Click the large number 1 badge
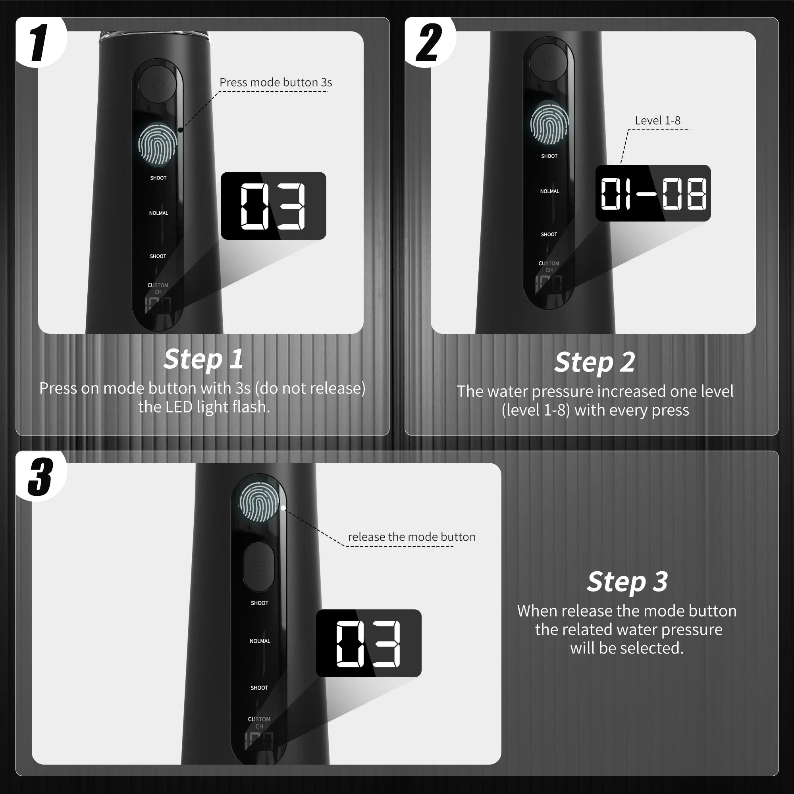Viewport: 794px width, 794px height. [39, 43]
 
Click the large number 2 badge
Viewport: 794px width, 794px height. [428, 43]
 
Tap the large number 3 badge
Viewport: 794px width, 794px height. [40, 477]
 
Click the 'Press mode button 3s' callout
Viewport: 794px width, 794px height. [276, 83]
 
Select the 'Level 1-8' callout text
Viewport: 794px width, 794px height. [657, 121]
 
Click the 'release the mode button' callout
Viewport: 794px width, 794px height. [411, 537]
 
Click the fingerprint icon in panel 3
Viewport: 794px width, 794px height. [259, 502]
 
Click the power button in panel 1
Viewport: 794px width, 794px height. [158, 84]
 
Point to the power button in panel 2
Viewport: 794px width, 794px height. [549, 62]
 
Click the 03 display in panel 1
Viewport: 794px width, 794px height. [273, 206]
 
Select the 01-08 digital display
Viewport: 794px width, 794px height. [653, 193]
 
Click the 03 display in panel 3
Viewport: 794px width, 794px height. [368, 644]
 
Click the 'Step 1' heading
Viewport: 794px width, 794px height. [203, 359]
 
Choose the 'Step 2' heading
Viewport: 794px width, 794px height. [594, 362]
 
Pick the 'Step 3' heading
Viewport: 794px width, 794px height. [627, 582]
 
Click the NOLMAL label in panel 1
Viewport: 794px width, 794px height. [159, 213]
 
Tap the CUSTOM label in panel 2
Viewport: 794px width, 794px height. [549, 264]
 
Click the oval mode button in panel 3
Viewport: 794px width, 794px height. [258, 567]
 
